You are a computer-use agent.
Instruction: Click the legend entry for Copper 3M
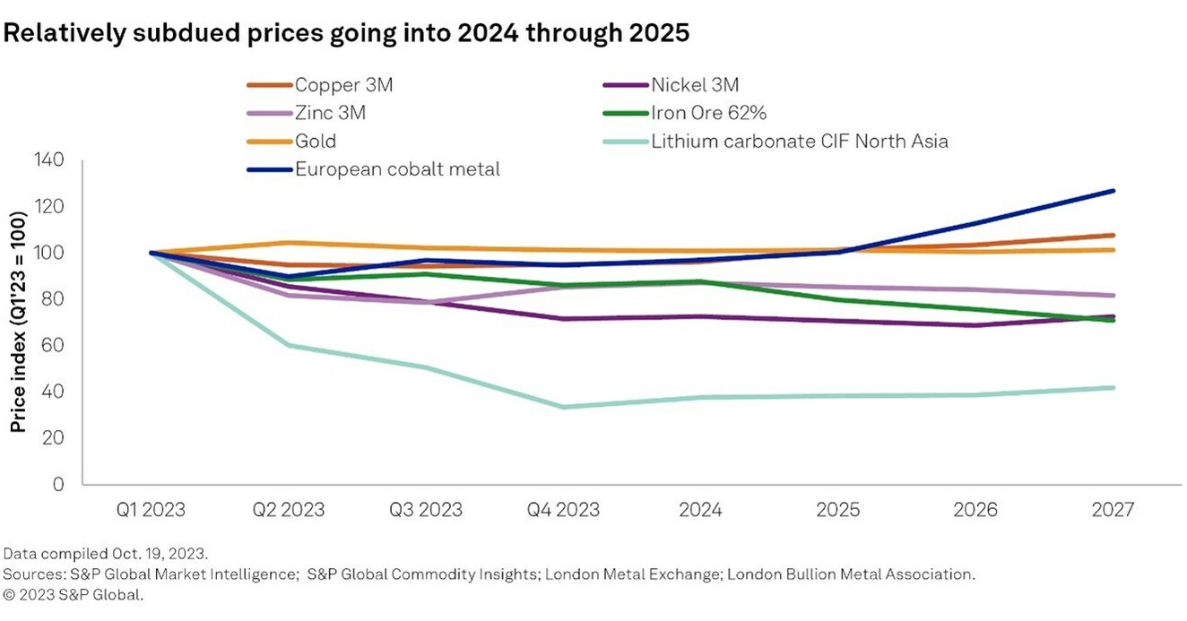[344, 86]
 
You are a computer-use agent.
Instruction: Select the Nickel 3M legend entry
[695, 86]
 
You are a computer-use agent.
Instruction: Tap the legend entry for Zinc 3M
[331, 114]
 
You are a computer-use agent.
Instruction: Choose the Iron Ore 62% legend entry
[706, 114]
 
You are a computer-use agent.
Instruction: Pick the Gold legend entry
[316, 142]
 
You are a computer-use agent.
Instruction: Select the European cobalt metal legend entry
[397, 169]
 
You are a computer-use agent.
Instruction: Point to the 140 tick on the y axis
[49, 160]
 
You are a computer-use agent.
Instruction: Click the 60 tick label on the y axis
[54, 345]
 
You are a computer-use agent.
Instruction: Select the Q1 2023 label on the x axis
[150, 510]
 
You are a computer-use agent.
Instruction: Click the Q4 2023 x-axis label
[563, 510]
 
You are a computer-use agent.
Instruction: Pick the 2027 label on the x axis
[1113, 510]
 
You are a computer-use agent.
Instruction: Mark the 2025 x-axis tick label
[838, 510]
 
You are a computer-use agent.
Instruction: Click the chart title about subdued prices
[348, 34]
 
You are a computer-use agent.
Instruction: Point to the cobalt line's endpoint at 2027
[1113, 191]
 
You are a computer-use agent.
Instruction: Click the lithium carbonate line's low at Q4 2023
[563, 407]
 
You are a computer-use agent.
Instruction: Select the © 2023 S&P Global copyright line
[74, 593]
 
